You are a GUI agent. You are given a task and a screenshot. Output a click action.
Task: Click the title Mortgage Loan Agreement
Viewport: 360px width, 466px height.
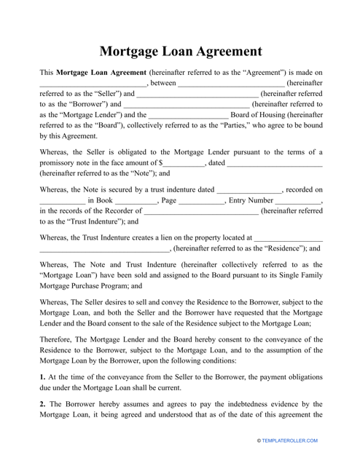pyautogui.click(x=179, y=52)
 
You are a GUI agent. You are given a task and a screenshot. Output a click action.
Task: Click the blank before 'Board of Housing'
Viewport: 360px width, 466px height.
pyautogui.click(x=188, y=115)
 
